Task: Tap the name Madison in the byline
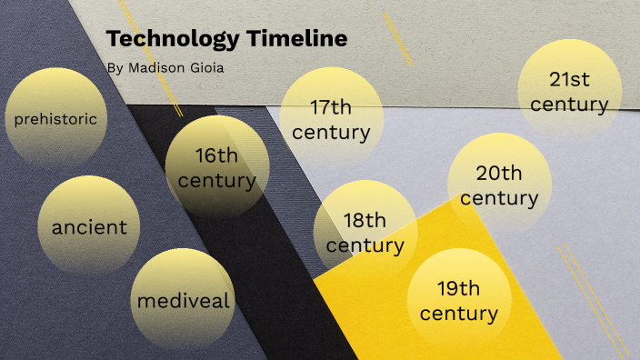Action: coord(149,67)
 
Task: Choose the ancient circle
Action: coord(89,226)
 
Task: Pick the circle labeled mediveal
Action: coord(184,300)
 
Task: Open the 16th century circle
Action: coord(216,167)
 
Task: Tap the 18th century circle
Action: coord(365,232)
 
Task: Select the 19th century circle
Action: coord(458,301)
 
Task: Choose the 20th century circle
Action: coord(499,185)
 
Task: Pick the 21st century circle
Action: coord(569,90)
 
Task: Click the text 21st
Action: coord(569,78)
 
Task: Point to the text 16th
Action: coord(216,155)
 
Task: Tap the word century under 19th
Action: coord(458,314)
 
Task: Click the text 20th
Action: coord(499,173)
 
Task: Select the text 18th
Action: coord(365,220)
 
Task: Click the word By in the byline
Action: coord(113,67)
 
